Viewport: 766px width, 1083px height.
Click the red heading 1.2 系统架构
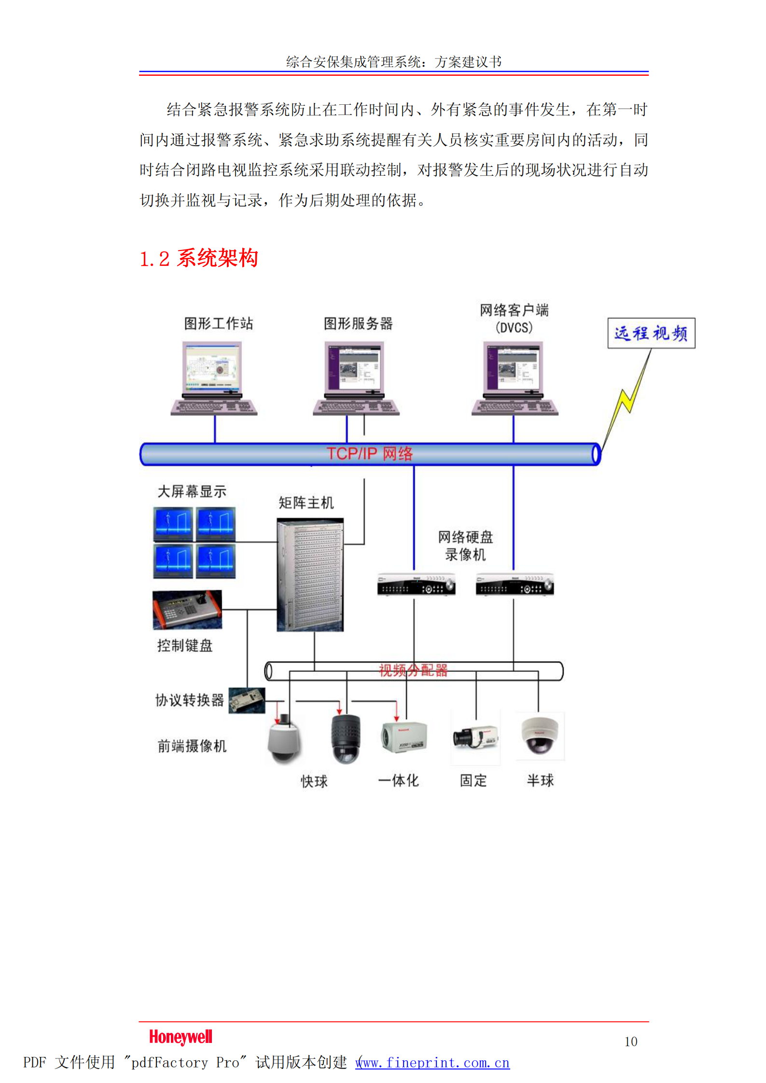(x=198, y=258)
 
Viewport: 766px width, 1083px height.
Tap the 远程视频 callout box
(x=651, y=333)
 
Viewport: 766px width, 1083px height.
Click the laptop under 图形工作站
(x=213, y=378)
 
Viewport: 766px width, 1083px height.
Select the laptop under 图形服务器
(x=356, y=378)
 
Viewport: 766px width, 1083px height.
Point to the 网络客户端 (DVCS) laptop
(x=515, y=378)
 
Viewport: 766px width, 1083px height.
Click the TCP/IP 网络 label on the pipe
(x=370, y=454)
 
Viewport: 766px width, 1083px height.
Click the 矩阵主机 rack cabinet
(x=310, y=574)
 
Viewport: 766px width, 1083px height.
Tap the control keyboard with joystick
(x=187, y=610)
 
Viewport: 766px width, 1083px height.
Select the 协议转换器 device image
(x=247, y=700)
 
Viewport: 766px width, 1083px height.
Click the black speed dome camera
(x=346, y=738)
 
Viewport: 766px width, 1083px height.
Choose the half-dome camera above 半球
(x=540, y=736)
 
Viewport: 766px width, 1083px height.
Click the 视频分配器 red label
(x=413, y=670)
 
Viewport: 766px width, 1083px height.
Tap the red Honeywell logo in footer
(x=181, y=1037)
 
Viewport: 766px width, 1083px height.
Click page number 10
(x=630, y=1041)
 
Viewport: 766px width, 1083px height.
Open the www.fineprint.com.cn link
(x=432, y=1062)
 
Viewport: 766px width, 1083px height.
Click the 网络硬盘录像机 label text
(x=465, y=545)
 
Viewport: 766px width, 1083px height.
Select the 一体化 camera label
(x=398, y=780)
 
